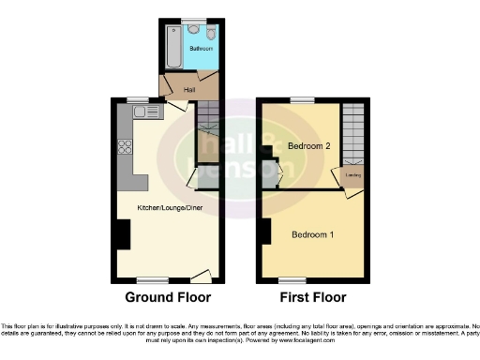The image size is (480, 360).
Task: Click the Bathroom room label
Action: [x=202, y=48]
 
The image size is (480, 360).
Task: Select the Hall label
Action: [x=176, y=90]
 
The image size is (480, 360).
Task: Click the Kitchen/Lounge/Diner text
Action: [x=170, y=206]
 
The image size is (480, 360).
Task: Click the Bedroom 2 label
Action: [x=308, y=146]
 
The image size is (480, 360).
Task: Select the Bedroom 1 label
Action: [x=312, y=233]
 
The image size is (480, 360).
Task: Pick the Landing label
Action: [x=355, y=174]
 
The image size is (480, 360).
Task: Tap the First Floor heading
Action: [x=313, y=297]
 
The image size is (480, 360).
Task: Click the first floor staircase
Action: [x=353, y=131]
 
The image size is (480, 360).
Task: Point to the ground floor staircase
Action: [x=207, y=131]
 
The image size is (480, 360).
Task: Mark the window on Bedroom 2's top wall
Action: [x=302, y=100]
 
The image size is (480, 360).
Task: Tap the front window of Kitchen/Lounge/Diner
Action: [x=153, y=279]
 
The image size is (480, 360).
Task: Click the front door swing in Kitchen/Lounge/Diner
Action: [x=200, y=275]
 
